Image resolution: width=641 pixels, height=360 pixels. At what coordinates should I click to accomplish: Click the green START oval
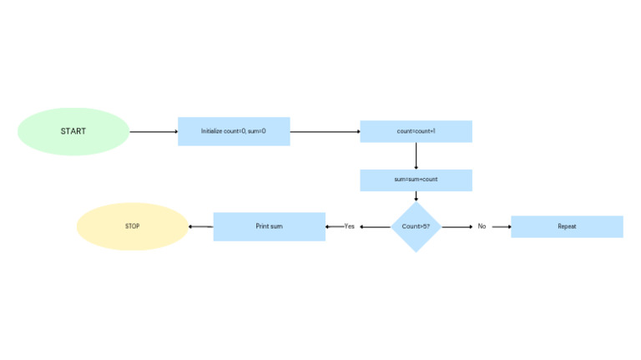click(73, 131)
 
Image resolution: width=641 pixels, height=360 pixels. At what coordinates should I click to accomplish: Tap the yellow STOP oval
click(133, 226)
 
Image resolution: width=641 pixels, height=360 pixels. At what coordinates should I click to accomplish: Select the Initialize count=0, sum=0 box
click(234, 131)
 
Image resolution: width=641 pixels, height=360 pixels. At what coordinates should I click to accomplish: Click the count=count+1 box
click(416, 131)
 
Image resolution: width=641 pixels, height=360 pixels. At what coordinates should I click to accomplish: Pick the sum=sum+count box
click(416, 180)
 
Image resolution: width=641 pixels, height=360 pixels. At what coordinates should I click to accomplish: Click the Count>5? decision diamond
click(416, 226)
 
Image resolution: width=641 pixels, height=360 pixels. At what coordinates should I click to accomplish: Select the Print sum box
click(270, 226)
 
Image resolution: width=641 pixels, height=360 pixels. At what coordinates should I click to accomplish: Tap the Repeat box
click(567, 226)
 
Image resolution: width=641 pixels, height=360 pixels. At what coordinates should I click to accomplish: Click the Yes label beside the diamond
click(350, 226)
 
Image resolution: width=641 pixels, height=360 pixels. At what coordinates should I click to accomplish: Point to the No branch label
click(482, 226)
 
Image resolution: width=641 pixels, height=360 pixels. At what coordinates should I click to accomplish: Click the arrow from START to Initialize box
click(154, 132)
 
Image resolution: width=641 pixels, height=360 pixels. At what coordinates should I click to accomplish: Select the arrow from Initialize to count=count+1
click(325, 132)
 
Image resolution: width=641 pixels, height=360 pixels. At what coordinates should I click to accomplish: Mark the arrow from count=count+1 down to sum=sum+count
click(416, 156)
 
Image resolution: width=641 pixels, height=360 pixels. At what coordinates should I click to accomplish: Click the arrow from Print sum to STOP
click(200, 226)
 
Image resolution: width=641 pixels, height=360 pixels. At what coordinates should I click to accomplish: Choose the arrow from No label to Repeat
click(502, 226)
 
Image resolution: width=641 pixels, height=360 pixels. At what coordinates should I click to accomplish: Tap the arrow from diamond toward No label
click(457, 226)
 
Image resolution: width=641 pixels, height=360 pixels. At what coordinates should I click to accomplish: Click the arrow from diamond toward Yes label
click(376, 226)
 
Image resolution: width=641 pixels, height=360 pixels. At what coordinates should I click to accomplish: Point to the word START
click(73, 131)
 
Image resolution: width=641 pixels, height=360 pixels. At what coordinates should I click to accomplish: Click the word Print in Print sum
click(262, 226)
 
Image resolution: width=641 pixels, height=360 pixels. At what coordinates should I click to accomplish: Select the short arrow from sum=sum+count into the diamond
click(416, 196)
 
